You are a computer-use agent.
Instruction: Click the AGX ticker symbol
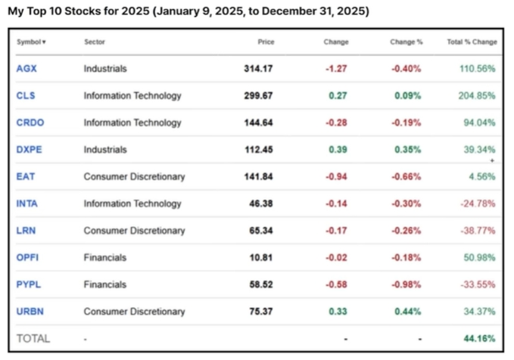pyautogui.click(x=26, y=69)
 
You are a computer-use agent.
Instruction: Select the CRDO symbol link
pyautogui.click(x=30, y=123)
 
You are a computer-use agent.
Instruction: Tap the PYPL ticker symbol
pyautogui.click(x=29, y=284)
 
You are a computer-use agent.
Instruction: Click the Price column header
pyautogui.click(x=266, y=42)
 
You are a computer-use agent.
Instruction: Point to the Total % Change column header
pyautogui.click(x=472, y=42)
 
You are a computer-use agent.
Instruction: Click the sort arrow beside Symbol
pyautogui.click(x=44, y=42)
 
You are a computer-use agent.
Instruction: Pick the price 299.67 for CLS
pyautogui.click(x=258, y=95)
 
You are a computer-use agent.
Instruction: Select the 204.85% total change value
pyautogui.click(x=477, y=95)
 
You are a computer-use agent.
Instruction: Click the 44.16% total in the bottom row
pyautogui.click(x=479, y=338)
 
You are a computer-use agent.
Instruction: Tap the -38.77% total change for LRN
pyautogui.click(x=478, y=231)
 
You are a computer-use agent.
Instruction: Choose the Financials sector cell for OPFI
pyautogui.click(x=105, y=257)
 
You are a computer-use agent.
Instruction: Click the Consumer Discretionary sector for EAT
pyautogui.click(x=135, y=176)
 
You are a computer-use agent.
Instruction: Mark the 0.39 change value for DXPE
pyautogui.click(x=338, y=150)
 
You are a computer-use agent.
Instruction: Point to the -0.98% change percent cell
pyautogui.click(x=407, y=284)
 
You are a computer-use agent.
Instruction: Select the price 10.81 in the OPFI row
pyautogui.click(x=261, y=257)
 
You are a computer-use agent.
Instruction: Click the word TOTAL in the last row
pyautogui.click(x=33, y=338)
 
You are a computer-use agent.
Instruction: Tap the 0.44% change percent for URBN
pyautogui.click(x=408, y=312)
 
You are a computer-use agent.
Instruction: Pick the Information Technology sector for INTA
pyautogui.click(x=132, y=203)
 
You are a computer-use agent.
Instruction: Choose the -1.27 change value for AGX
pyautogui.click(x=336, y=69)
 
